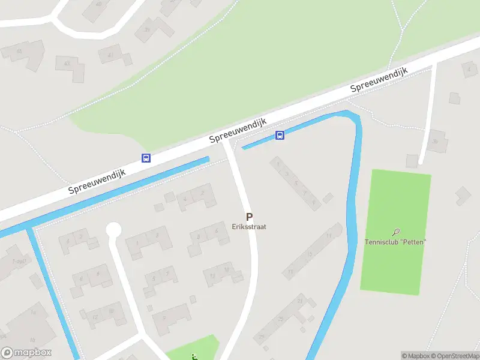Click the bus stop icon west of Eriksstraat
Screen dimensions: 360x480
coord(146,158)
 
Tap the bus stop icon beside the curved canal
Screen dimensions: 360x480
coord(280,135)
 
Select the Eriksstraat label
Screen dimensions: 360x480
coord(249,227)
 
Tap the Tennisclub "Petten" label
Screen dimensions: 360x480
coord(395,242)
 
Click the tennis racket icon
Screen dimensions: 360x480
coord(396,232)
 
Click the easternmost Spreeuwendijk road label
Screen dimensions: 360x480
coord(379,79)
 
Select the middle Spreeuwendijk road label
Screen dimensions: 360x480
coord(238,130)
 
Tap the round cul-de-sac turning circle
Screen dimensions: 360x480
coord(113,230)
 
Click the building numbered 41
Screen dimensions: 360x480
coord(110,56)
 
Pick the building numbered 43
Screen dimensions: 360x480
coord(67,62)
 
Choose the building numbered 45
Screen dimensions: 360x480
coord(19,52)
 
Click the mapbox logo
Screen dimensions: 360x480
coord(26,353)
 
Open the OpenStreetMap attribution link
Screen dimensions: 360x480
coord(454,356)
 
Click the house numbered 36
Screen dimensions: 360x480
coord(437,142)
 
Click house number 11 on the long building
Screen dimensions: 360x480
coord(290,272)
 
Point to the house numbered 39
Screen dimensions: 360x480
coord(146,30)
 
